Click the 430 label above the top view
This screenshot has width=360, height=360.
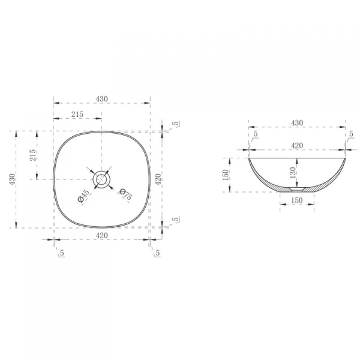pyautogui.click(x=102, y=99)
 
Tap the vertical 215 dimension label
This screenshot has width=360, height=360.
pyautogui.click(x=33, y=155)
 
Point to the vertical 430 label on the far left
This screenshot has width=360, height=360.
pyautogui.click(x=12, y=179)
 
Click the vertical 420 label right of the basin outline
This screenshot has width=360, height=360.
pyautogui.click(x=158, y=179)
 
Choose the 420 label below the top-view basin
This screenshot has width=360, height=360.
pyautogui.click(x=102, y=236)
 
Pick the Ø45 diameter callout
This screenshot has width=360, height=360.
pyautogui.click(x=83, y=196)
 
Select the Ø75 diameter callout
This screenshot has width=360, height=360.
pyautogui.click(x=126, y=194)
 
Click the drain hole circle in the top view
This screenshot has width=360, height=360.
pyautogui.click(x=101, y=179)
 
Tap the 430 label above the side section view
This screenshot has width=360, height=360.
pyautogui.click(x=297, y=123)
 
